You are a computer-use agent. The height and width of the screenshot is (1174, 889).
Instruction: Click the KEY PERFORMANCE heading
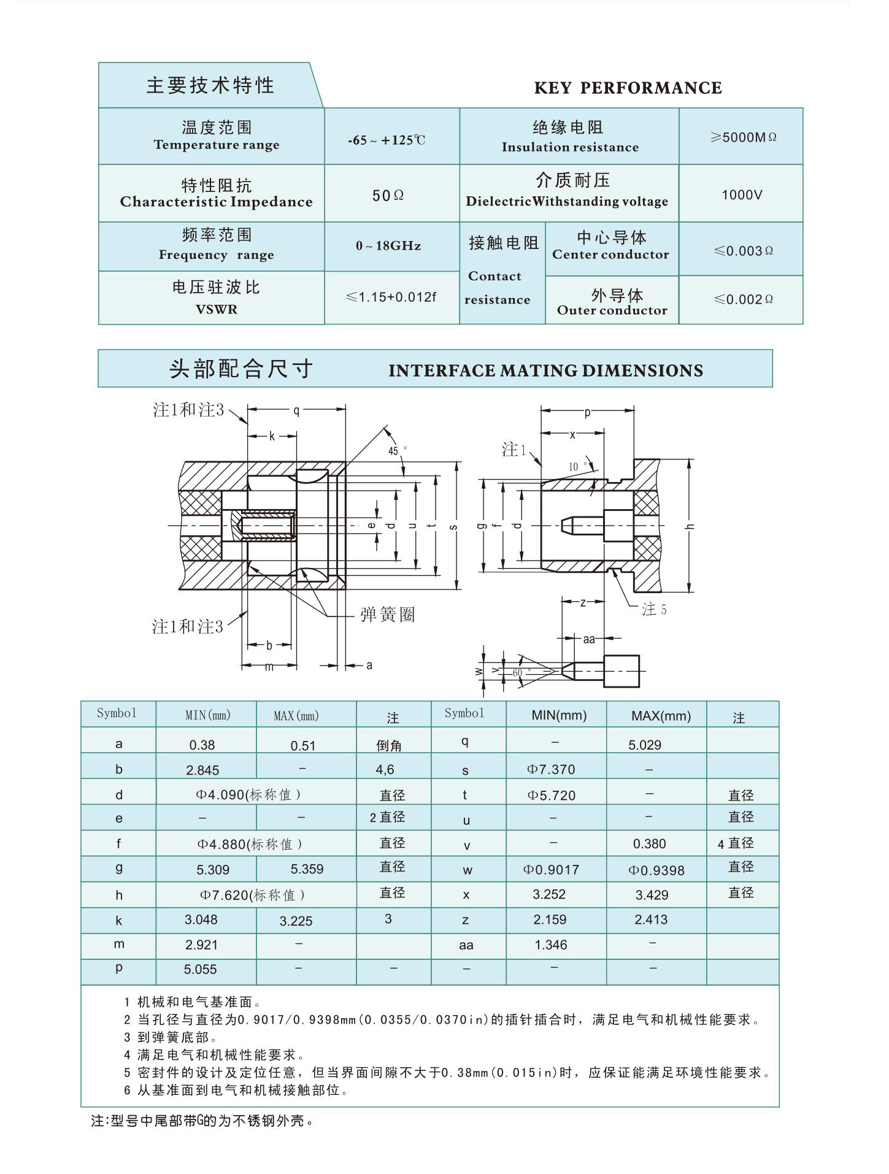(628, 88)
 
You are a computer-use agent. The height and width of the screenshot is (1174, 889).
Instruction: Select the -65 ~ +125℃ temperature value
(387, 140)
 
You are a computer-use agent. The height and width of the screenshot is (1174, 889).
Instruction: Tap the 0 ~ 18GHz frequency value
(388, 246)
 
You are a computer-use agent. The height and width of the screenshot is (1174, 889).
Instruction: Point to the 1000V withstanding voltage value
(742, 195)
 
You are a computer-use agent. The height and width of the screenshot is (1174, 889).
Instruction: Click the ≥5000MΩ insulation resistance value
(743, 137)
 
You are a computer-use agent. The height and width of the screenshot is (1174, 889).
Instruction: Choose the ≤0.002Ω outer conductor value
(743, 299)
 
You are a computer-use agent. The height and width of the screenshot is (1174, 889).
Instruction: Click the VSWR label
(216, 309)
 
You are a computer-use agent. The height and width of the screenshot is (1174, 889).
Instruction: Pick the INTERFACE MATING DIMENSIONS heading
(545, 370)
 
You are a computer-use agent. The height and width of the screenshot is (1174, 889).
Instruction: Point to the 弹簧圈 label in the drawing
(388, 614)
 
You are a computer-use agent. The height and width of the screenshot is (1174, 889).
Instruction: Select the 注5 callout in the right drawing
(653, 609)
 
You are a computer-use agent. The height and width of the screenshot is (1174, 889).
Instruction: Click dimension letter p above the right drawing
(587, 413)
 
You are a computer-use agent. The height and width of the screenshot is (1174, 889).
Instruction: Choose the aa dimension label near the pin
(589, 639)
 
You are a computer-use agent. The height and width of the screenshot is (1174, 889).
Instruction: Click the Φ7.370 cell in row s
(551, 769)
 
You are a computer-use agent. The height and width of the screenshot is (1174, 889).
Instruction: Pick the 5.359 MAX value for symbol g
(307, 869)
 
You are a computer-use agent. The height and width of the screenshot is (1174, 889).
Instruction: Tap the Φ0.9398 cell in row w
(656, 870)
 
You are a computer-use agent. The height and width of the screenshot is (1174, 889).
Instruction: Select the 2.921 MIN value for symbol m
(201, 945)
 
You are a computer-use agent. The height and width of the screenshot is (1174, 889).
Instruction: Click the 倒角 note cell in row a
(389, 745)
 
